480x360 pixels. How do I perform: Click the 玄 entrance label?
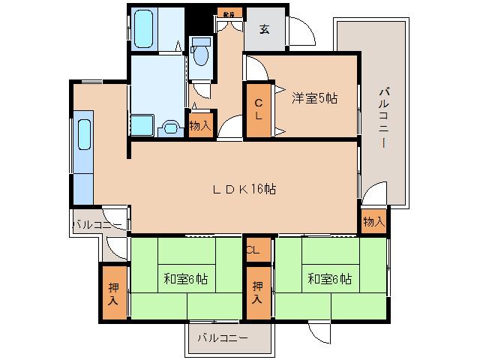click(265, 30)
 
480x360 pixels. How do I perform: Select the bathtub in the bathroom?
click(145, 28)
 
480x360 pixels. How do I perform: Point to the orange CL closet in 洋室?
click(258, 109)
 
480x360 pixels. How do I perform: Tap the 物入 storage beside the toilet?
click(200, 125)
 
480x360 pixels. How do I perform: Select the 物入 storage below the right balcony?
click(373, 221)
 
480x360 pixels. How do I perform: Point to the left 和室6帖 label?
click(185, 279)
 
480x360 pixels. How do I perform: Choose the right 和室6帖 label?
click(328, 279)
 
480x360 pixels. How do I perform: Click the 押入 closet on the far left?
click(113, 293)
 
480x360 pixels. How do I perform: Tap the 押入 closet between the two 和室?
click(258, 292)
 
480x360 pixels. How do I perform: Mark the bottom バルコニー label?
click(222, 338)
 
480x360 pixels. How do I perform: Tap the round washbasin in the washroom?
click(172, 127)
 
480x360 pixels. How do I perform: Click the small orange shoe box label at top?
click(226, 13)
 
